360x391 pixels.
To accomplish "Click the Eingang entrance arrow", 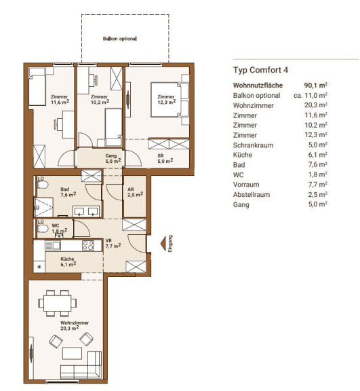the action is point(163,244).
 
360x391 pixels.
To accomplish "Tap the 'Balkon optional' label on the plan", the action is point(119,39).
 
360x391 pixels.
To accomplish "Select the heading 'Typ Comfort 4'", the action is point(260,70).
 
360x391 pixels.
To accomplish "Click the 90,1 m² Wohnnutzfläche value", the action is point(315,86).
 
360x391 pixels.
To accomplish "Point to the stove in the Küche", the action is point(88,245).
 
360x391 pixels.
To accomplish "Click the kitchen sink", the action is point(52,245).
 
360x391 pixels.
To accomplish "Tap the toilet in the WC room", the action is point(43,229).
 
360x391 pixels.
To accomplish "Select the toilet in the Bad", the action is point(43,185).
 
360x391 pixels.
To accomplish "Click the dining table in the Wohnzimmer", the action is point(57,303).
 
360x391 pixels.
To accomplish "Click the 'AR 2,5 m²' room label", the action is point(135,192).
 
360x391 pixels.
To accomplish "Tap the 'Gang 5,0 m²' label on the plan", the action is point(113,158).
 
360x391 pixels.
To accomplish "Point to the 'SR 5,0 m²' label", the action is point(165,159).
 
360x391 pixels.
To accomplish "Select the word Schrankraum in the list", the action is point(253,145).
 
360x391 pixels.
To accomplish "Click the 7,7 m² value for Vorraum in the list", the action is point(318,185).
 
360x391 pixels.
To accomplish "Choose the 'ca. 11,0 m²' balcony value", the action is point(311,95).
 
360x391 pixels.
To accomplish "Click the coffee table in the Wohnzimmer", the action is point(72,354).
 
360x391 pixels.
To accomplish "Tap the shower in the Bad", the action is point(43,208).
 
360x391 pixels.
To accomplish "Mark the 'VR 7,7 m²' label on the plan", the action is point(113,244).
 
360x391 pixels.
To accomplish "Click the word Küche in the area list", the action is point(243,155).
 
